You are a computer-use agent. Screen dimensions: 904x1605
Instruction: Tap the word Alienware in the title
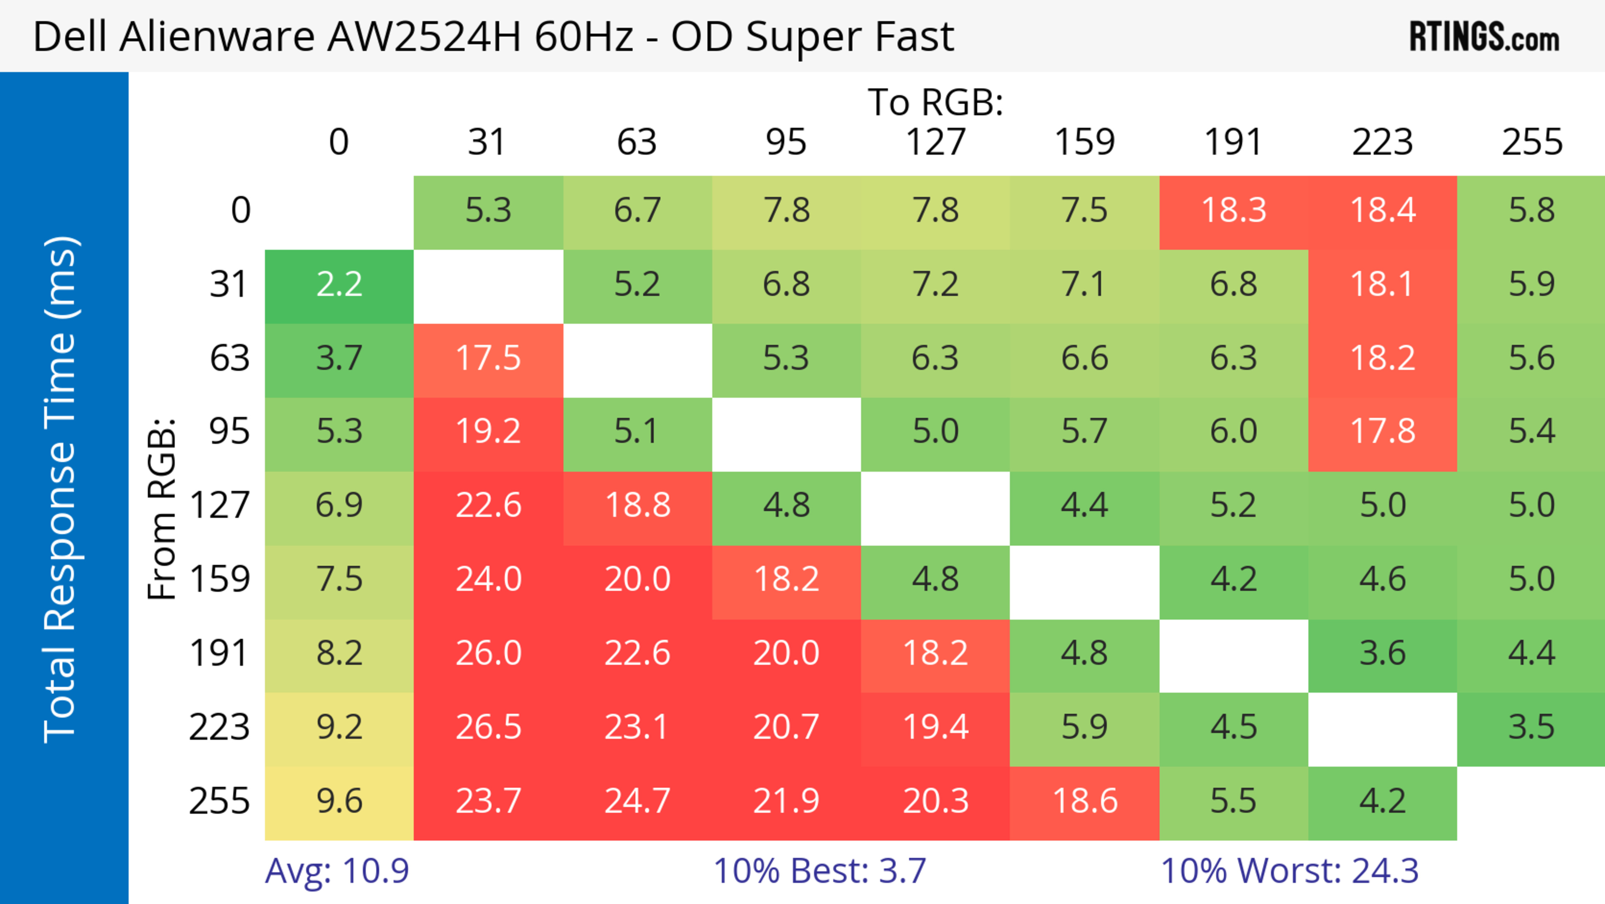coord(217,37)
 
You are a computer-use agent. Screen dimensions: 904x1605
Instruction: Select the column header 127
coord(935,142)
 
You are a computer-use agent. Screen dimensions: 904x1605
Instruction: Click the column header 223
coord(1382,142)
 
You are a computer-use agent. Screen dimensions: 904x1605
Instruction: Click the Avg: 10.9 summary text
coord(336,871)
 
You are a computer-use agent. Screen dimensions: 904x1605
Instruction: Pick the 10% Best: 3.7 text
coord(819,871)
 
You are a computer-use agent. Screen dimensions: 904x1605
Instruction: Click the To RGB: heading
coord(935,102)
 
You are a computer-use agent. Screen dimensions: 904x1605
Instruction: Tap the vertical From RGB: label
coord(162,508)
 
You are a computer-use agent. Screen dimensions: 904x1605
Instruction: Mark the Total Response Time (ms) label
coord(61,489)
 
